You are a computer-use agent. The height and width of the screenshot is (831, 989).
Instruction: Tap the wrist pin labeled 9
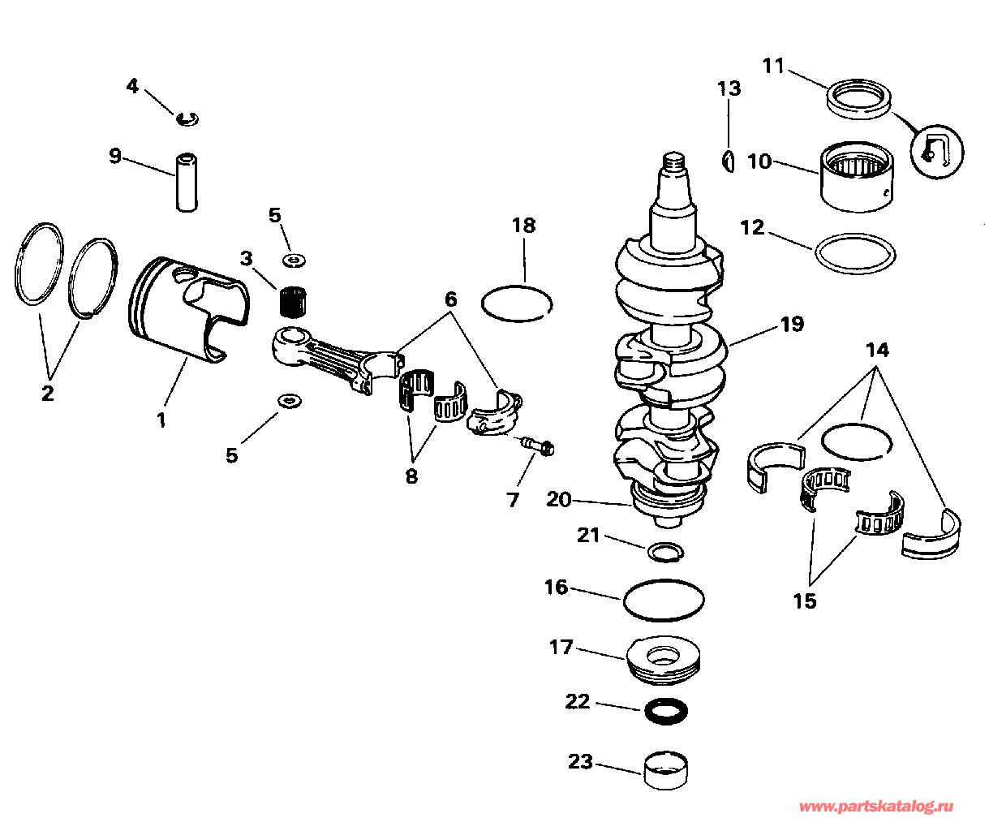pos(187,182)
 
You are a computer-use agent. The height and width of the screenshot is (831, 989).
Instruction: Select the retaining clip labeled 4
pos(188,119)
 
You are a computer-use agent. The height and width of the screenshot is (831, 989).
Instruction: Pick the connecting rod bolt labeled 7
pos(538,446)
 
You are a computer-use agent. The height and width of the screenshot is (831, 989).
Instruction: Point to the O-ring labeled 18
pos(517,304)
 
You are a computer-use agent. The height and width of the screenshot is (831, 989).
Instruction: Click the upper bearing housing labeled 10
pos(858,177)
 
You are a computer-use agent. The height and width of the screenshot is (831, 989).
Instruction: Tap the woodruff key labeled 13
pos(729,161)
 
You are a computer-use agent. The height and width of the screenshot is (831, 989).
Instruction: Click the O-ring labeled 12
pos(855,253)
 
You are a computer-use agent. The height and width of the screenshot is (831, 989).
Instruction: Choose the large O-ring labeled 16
pos(664,600)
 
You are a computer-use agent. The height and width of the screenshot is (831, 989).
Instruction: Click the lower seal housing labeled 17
pos(663,661)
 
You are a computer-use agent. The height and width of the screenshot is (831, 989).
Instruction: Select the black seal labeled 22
pos(666,711)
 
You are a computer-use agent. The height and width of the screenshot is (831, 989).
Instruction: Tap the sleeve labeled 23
pos(665,770)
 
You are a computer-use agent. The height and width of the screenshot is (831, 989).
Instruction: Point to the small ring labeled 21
pos(665,552)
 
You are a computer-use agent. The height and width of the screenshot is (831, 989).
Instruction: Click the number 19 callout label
pos(792,325)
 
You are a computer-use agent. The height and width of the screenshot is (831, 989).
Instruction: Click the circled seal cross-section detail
pos(937,152)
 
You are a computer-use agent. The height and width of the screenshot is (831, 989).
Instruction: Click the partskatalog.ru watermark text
pos(876,807)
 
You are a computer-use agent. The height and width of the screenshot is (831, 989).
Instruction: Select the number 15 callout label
pos(805,601)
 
